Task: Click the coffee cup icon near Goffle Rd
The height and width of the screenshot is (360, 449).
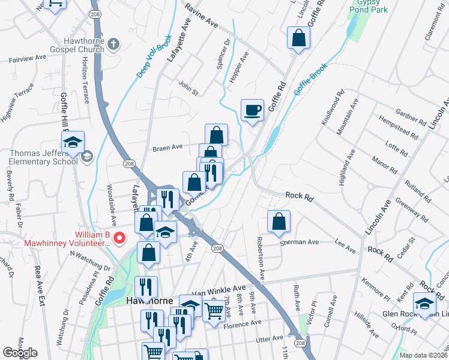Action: (253, 110)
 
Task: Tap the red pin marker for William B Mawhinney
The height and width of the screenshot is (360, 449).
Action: (119, 238)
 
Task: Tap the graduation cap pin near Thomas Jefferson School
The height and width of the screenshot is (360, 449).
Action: (73, 143)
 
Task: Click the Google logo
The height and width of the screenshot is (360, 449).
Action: (20, 352)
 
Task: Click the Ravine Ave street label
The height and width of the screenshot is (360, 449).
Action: (201, 17)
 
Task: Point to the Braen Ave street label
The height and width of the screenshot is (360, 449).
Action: (167, 147)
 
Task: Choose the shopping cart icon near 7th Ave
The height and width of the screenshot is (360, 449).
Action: (214, 310)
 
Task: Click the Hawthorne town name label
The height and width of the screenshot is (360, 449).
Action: (151, 300)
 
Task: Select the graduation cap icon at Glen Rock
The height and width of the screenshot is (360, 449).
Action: (425, 304)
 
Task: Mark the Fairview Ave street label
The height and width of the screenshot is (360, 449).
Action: (27, 59)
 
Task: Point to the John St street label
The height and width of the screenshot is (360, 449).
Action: (188, 88)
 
